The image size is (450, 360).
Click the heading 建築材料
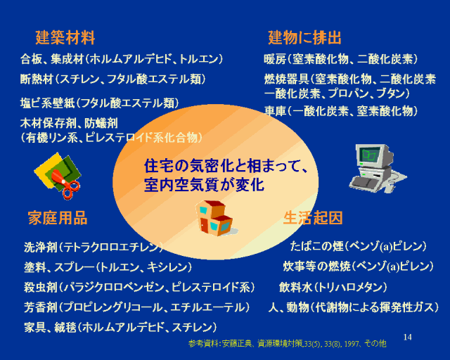tap(65, 37)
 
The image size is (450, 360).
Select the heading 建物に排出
tap(304, 37)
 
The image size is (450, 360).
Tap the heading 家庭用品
tap(58, 218)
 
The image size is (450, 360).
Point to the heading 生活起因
tap(313, 217)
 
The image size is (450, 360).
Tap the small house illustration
tap(216, 217)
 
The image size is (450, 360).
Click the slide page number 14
tap(408, 337)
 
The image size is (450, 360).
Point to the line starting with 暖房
tap(340, 60)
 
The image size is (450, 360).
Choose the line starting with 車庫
tap(340, 111)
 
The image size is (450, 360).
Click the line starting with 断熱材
tap(113, 79)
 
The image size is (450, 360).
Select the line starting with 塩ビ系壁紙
tap(100, 103)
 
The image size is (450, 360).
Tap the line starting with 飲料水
tap(333, 287)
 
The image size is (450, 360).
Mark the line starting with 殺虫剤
tap(139, 287)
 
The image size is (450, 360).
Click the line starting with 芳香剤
tap(137, 307)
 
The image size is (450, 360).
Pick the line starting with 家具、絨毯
tap(120, 327)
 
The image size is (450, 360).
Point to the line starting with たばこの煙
tap(358, 246)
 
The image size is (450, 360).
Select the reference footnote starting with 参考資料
tap(288, 343)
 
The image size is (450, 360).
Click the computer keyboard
tap(364, 182)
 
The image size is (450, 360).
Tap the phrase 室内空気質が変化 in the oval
tap(204, 185)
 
